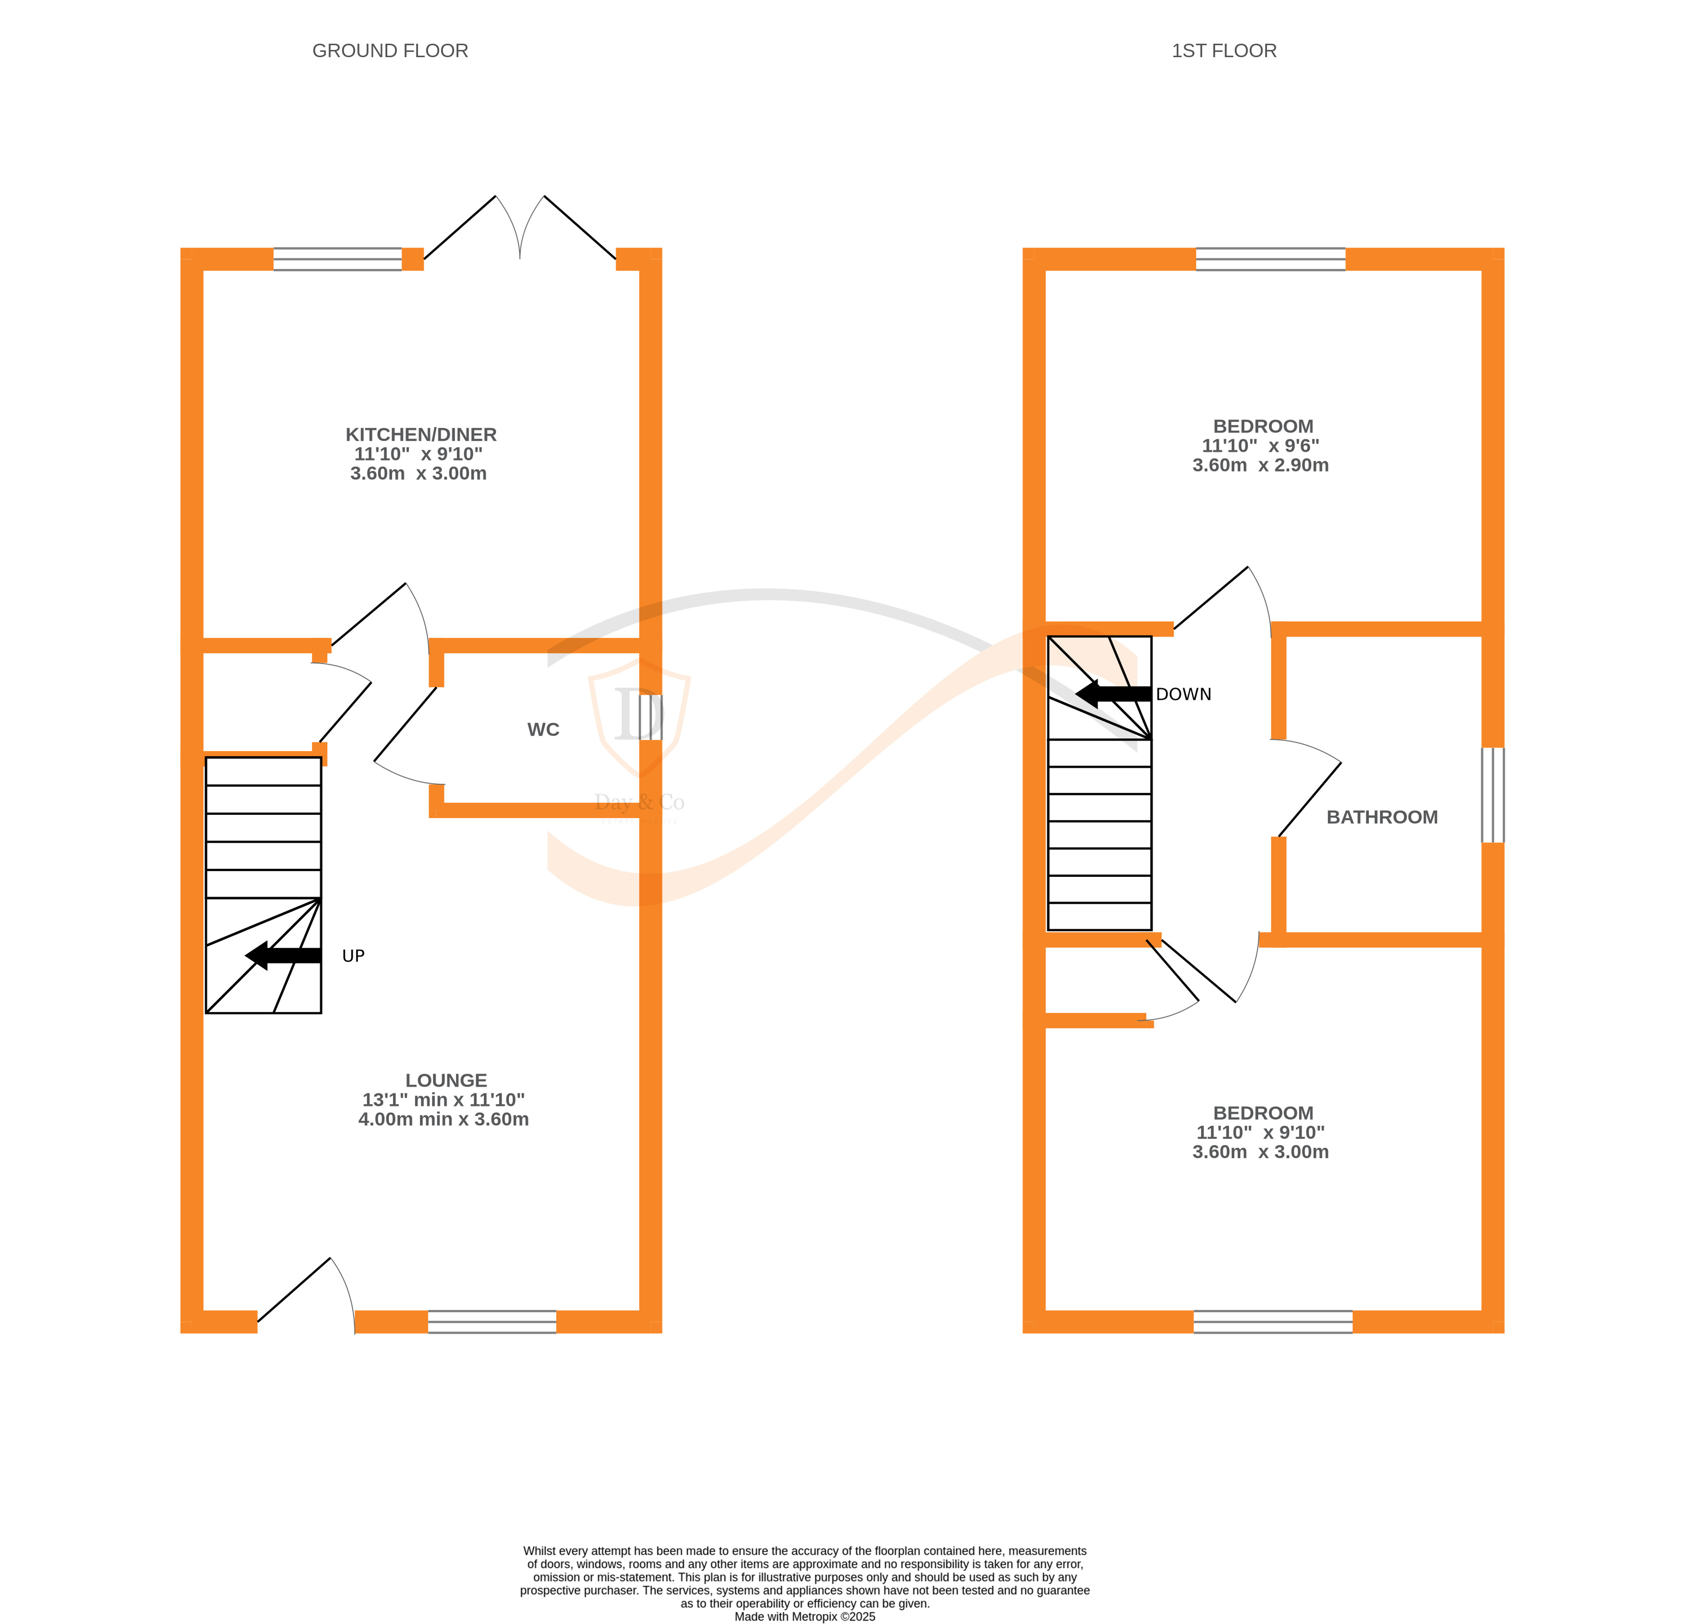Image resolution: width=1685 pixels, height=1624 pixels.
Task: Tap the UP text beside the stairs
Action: (x=353, y=956)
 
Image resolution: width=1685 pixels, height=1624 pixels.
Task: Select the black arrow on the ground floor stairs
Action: (x=283, y=955)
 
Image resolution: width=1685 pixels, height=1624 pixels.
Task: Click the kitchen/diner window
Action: (x=337, y=259)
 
